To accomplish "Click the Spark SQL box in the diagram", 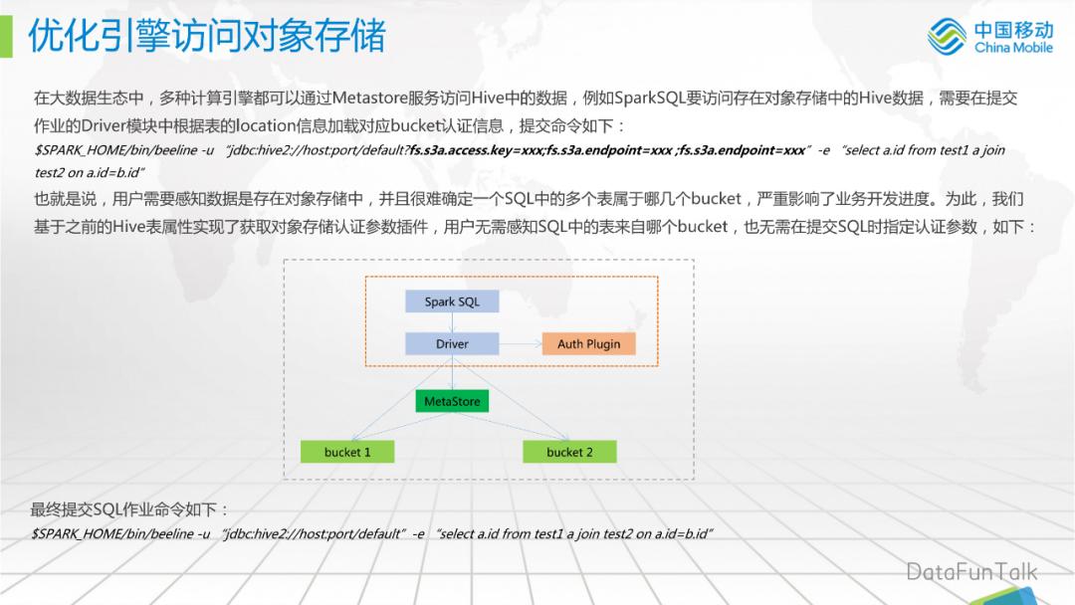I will click(x=452, y=302).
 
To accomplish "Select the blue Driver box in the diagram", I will click(x=452, y=344).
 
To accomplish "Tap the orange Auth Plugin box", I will click(x=588, y=344).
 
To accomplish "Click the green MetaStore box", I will click(x=452, y=402).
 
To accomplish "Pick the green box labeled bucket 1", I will click(x=347, y=452).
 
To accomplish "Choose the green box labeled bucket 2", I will click(x=569, y=452).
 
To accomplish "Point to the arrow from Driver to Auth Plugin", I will click(x=520, y=344).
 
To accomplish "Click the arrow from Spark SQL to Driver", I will click(x=452, y=322).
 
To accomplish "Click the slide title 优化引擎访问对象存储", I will click(x=206, y=37).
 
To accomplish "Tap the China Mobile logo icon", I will click(x=947, y=37).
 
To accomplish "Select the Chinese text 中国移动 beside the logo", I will click(x=1012, y=29).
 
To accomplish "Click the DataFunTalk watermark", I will click(x=970, y=571).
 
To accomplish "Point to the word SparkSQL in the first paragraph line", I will click(x=648, y=99).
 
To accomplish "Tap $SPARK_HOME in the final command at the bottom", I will click(x=75, y=534).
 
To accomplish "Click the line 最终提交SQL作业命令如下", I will click(x=130, y=509).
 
